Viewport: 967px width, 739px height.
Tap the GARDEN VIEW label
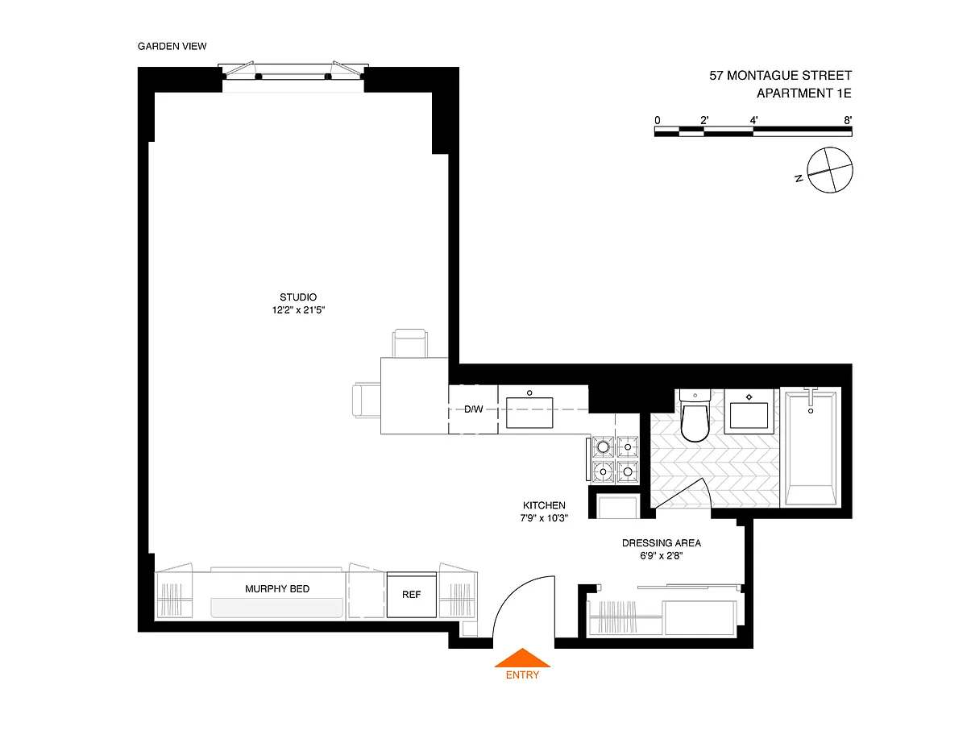click(172, 46)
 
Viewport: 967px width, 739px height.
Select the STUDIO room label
click(298, 297)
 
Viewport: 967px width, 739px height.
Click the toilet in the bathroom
click(695, 415)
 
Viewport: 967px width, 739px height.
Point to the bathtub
click(810, 447)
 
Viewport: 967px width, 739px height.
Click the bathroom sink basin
click(749, 414)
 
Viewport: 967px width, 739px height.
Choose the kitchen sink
click(529, 413)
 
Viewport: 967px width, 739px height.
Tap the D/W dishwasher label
click(474, 409)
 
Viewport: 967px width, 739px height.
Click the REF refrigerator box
click(412, 595)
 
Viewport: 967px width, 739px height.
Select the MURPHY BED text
click(277, 589)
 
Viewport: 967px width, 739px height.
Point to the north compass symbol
click(828, 170)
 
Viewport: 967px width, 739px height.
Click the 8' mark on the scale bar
click(848, 120)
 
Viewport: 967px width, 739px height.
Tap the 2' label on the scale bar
click(704, 120)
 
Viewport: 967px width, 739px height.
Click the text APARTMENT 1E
click(804, 93)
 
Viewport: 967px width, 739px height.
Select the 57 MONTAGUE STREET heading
click(780, 76)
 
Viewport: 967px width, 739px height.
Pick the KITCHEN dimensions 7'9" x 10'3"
click(544, 518)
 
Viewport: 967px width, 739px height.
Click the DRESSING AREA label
click(662, 543)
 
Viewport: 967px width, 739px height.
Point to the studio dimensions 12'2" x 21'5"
click(298, 310)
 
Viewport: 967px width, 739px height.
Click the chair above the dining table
click(409, 343)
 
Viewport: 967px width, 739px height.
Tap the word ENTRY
click(522, 675)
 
